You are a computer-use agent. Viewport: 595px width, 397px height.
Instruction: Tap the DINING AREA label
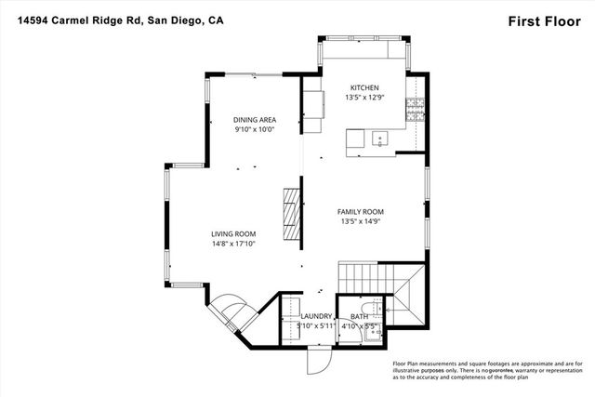(254, 119)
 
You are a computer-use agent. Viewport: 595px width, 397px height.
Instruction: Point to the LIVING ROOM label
(233, 233)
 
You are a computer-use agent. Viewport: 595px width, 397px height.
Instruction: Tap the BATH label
(359, 317)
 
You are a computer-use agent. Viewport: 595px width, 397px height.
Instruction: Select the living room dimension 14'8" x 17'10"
(233, 244)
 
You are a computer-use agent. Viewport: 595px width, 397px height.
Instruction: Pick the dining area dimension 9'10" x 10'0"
(254, 129)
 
